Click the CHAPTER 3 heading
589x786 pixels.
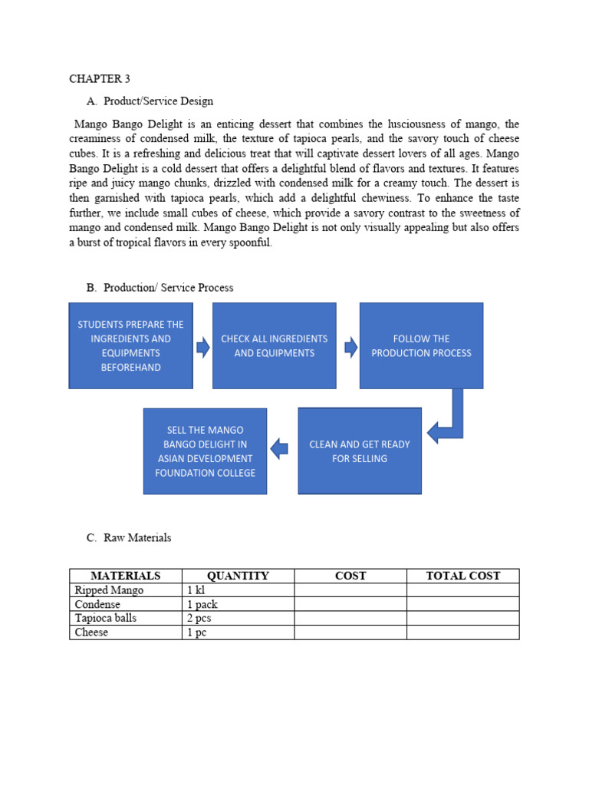point(95,78)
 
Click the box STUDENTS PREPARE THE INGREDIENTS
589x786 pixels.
point(130,345)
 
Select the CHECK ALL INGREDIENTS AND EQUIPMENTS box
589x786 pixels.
point(274,345)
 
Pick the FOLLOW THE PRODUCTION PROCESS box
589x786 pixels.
point(421,345)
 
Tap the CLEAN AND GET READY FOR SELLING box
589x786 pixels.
point(359,451)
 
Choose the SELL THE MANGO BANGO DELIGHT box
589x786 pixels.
point(205,451)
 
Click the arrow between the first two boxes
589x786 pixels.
point(203,348)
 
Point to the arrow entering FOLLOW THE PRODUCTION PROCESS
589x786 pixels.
point(350,348)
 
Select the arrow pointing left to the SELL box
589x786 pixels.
point(280,448)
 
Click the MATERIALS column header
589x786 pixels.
point(125,576)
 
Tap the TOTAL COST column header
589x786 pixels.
point(462,576)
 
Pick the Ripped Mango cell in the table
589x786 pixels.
point(109,590)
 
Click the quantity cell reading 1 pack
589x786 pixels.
point(202,604)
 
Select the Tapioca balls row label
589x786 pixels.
point(106,618)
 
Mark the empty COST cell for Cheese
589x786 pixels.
point(350,632)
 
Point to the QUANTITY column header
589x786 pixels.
point(238,576)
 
